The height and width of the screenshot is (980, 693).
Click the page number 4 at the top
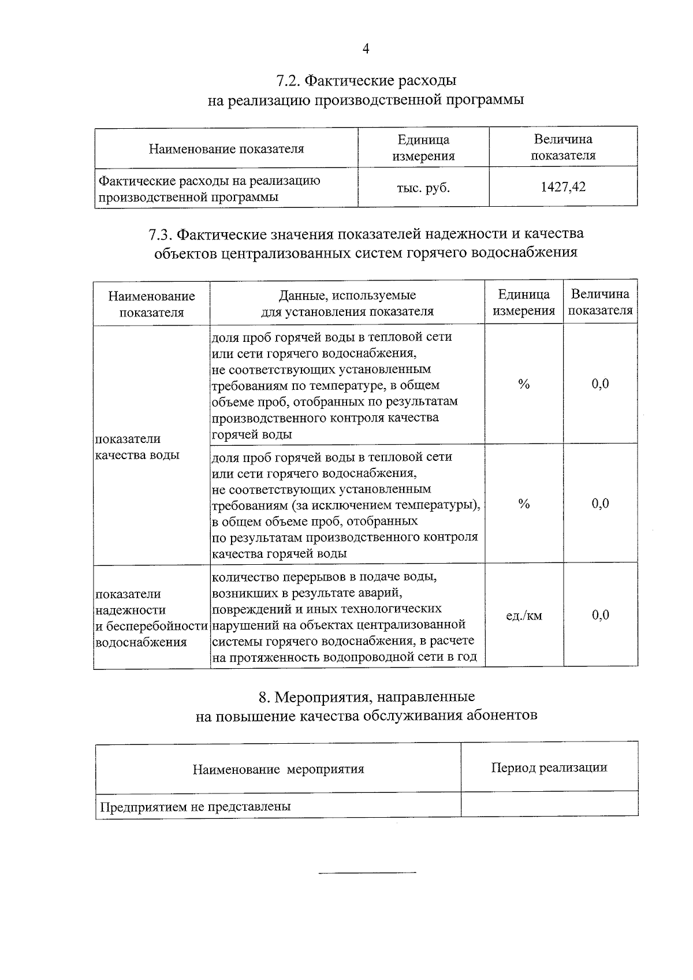pos(366,49)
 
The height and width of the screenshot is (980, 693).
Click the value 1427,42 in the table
pos(563,187)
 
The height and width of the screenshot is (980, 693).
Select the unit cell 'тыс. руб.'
pos(423,188)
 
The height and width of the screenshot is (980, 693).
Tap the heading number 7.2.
pos(286,80)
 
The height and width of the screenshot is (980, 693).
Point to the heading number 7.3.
pos(159,234)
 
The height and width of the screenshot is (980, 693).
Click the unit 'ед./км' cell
pos(524,616)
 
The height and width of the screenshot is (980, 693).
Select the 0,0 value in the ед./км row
pos(600,615)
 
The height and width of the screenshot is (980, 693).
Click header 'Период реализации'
pos(549,767)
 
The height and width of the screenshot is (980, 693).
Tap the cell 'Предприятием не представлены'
pos(195,807)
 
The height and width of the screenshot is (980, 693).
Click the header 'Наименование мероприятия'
pos(278,769)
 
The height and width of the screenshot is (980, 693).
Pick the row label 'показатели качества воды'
pos(137,446)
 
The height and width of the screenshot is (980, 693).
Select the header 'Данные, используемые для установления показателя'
pos(347,304)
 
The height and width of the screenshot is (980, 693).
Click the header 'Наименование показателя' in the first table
pos(226,149)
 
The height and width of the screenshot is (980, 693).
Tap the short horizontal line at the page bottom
pos(367,872)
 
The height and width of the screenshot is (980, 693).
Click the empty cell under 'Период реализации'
pos(549,804)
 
